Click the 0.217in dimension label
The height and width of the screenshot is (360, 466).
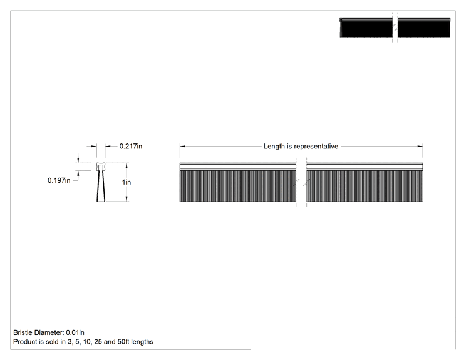point(131,146)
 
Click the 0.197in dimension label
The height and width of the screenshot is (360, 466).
point(59,180)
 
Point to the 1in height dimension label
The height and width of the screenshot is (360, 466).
point(127,182)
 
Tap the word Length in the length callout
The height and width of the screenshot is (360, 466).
point(274,146)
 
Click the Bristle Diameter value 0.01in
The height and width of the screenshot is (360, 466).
point(75,332)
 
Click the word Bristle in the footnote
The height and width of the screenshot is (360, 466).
point(23,332)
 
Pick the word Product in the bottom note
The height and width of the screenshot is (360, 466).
point(24,342)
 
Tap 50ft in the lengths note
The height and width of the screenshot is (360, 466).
point(123,342)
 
